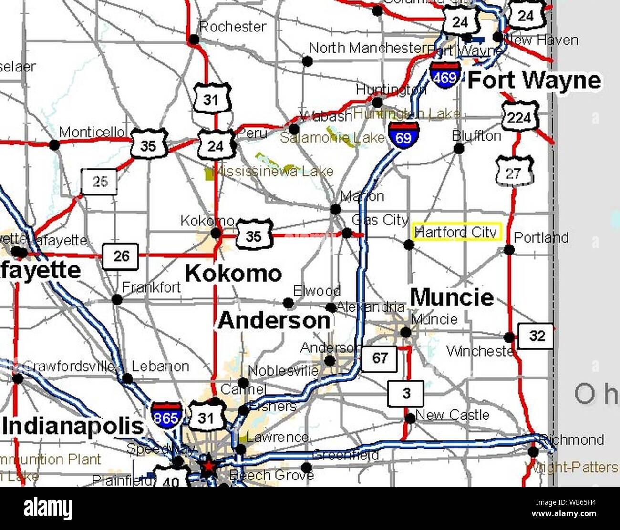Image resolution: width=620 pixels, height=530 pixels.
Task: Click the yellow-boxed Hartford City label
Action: coord(456,232)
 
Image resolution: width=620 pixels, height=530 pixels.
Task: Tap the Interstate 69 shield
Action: coord(403,135)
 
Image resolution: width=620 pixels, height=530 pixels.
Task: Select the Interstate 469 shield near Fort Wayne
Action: coord(445,74)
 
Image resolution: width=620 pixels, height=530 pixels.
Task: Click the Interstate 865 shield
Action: coord(166,415)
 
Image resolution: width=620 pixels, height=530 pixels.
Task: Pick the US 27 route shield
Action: coord(514,172)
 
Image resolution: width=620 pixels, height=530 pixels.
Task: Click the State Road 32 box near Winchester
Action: coord(536,336)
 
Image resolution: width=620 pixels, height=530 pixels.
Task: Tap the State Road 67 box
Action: coord(380,358)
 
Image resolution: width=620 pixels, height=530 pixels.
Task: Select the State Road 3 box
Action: coord(406,393)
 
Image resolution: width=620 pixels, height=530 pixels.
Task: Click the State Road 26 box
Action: coord(121,256)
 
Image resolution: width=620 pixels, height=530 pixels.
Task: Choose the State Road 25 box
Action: coord(99,182)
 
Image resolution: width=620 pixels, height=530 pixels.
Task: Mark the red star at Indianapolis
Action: coord(207,467)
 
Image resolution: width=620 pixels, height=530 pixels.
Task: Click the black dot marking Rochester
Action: coord(194,40)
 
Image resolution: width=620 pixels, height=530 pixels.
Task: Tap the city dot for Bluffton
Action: coord(458,148)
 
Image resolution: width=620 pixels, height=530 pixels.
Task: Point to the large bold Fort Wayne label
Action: coord(534,80)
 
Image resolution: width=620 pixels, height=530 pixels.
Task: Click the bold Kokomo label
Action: coord(233,274)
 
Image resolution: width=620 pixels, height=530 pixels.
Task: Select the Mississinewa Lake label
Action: coord(273,171)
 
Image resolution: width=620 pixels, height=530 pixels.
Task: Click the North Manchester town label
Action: coord(366,48)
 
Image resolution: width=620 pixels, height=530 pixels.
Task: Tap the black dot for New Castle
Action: coord(410,418)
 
